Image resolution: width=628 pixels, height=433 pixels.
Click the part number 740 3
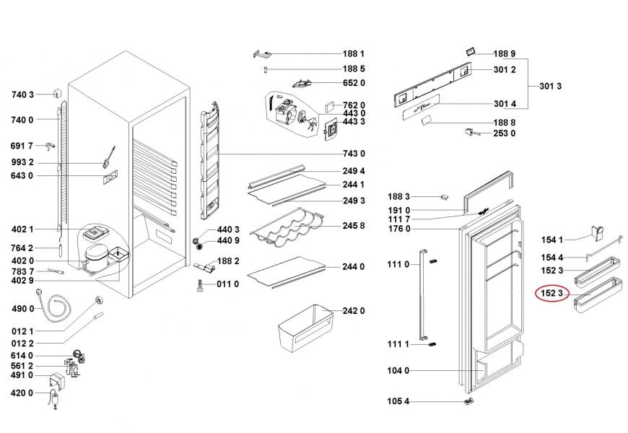23,95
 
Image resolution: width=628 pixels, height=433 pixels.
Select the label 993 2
22,162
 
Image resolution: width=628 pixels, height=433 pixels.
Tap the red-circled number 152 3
552,294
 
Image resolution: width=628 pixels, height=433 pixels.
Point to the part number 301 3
550,86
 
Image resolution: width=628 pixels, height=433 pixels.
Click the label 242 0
354,311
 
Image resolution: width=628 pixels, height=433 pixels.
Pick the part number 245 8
354,226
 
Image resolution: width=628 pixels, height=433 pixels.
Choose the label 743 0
354,154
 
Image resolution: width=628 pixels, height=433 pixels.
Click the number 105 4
398,401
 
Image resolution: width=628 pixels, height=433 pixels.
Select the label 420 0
22,393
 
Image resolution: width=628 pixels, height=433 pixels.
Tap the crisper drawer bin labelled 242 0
306,328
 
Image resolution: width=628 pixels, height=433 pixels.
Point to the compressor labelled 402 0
95,258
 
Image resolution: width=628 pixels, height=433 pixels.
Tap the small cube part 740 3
58,93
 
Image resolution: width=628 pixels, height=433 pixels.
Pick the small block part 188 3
444,197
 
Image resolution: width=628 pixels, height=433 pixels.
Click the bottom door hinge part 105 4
468,401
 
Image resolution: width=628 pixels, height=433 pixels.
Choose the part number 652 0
354,83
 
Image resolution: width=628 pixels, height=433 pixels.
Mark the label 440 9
228,240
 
